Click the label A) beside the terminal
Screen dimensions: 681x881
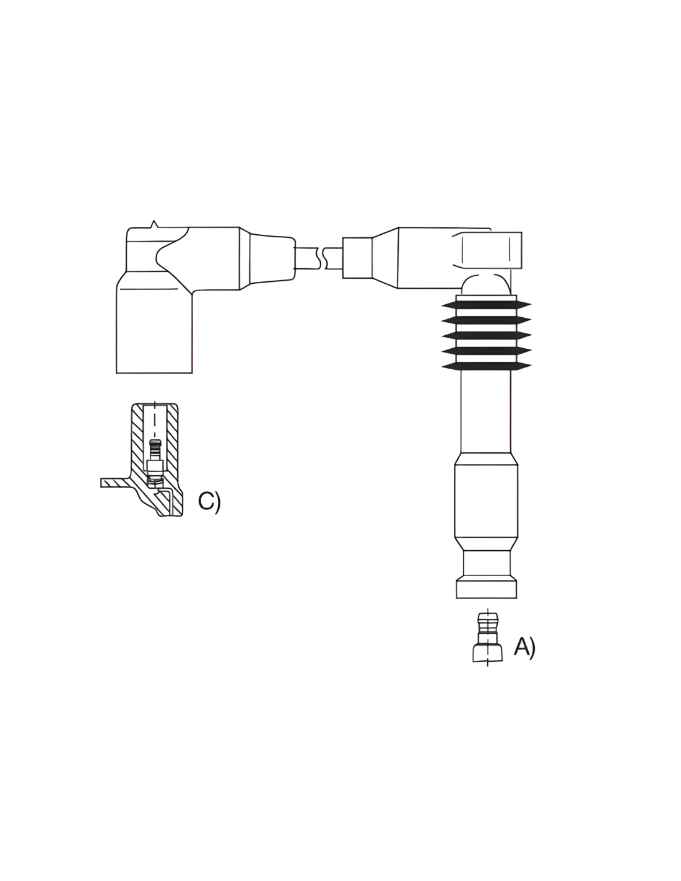click(x=524, y=646)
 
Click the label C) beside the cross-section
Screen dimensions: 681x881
click(x=209, y=502)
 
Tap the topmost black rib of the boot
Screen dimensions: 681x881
click(x=486, y=305)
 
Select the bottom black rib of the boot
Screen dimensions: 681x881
click(x=486, y=367)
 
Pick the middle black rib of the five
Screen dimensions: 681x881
click(x=486, y=336)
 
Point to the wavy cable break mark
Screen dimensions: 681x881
click(x=324, y=258)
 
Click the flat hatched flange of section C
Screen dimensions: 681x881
click(x=115, y=483)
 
